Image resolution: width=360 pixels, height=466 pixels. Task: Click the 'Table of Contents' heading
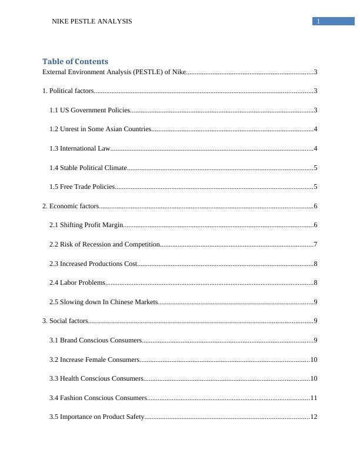tap(75, 61)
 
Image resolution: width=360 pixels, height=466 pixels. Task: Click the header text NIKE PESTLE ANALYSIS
tap(92, 21)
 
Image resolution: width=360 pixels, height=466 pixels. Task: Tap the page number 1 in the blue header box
tap(318, 22)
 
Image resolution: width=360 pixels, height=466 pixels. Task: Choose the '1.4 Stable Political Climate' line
tap(88, 168)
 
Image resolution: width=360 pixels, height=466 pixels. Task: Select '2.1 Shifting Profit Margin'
tap(86, 225)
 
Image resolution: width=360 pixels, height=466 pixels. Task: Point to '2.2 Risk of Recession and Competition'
tap(105, 244)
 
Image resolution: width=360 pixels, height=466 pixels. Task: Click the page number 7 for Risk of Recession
tap(316, 244)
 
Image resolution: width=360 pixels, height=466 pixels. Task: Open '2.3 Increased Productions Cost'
tap(94, 264)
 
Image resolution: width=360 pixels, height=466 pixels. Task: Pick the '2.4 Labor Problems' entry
tap(78, 283)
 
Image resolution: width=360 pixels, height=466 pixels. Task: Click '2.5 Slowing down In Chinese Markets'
tap(104, 302)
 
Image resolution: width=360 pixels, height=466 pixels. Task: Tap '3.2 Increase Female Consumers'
tap(94, 360)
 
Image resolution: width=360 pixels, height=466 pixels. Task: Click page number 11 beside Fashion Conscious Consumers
tap(314, 398)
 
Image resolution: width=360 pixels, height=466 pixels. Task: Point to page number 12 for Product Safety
tap(314, 417)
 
